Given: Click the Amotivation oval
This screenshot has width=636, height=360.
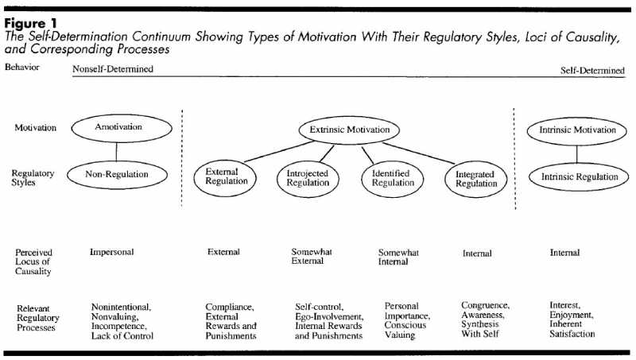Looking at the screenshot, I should [x=118, y=127].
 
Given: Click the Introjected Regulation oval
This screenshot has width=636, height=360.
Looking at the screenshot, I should [x=307, y=178].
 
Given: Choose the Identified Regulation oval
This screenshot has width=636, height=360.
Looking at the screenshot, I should [x=393, y=178].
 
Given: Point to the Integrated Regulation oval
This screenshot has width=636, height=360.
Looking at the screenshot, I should [x=475, y=179].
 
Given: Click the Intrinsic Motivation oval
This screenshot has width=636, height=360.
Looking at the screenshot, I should [x=577, y=130].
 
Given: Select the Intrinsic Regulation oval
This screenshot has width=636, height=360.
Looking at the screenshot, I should [x=578, y=177].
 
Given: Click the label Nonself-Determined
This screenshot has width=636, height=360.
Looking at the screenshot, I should [x=113, y=69].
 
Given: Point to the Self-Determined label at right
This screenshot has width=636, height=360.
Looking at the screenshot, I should [x=592, y=70].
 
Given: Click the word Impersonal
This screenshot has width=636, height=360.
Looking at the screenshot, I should [x=112, y=252].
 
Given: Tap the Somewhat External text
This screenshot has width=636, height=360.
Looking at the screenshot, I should [x=312, y=257].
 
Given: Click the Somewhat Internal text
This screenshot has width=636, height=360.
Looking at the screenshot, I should [x=398, y=257].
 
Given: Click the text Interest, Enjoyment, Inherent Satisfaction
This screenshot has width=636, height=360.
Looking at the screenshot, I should [x=572, y=319].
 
